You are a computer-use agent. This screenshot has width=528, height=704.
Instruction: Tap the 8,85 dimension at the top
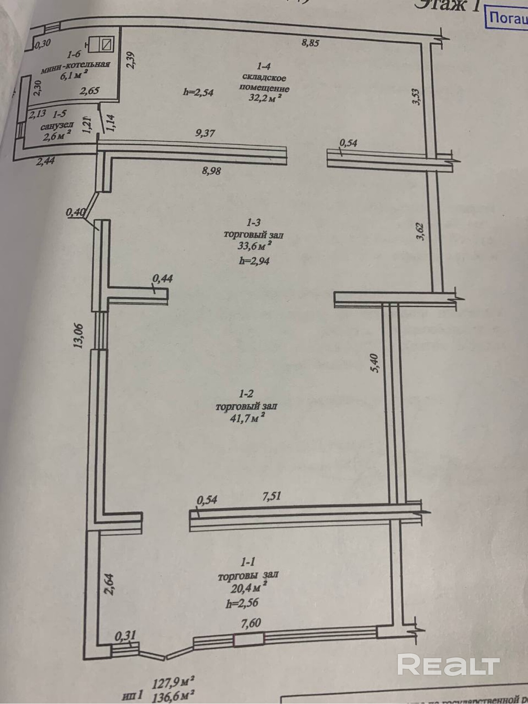[310, 43]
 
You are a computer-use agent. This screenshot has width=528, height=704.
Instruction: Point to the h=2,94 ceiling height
[254, 261]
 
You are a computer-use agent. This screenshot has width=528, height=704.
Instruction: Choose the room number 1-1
[248, 562]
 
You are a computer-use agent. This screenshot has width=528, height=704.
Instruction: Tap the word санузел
[57, 126]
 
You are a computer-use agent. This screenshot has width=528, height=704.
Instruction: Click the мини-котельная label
[75, 66]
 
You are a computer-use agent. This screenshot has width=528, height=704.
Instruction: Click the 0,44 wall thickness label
[163, 279]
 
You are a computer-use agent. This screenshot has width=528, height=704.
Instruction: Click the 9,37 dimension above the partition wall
[205, 133]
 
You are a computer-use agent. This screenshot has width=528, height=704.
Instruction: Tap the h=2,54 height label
[198, 92]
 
